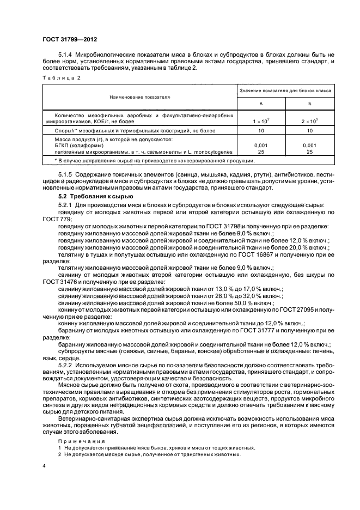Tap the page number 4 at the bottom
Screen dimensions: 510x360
pos(44,466)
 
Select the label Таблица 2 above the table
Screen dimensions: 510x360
pos(61,78)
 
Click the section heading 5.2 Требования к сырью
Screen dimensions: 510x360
pos(92,196)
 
